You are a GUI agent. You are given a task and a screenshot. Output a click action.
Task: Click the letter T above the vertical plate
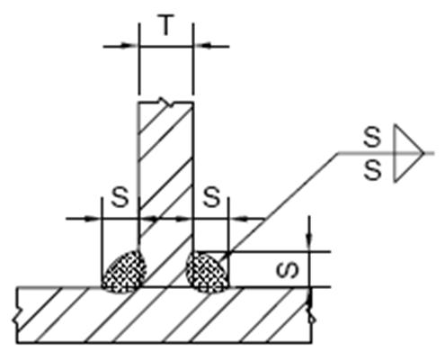tap(165, 25)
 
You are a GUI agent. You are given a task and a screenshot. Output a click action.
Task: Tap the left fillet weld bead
tap(124, 272)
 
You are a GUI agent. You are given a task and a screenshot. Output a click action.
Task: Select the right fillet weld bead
tap(208, 272)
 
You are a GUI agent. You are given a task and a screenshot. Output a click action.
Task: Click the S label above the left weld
tap(120, 197)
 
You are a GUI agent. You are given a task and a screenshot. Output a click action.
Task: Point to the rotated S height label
tap(288, 269)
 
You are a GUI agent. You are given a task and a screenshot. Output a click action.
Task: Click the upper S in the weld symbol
tap(372, 137)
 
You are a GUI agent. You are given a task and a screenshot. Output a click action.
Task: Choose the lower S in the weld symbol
tap(372, 170)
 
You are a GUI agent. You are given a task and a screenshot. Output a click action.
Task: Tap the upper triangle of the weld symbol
tap(409, 139)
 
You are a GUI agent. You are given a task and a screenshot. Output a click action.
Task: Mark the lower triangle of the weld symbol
tap(409, 167)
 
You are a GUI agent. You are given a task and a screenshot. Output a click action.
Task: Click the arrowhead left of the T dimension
tap(129, 46)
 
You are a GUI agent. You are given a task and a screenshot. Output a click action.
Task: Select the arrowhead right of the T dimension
tap(203, 46)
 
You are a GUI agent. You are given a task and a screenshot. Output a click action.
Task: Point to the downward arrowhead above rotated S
tap(309, 240)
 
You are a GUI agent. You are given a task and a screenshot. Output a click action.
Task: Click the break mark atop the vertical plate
tap(166, 102)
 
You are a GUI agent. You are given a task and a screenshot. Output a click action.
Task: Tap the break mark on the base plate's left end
tap(15, 319)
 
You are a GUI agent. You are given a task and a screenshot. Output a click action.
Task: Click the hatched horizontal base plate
tap(164, 315)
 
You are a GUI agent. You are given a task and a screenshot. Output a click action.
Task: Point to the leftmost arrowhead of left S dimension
tap(92, 219)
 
